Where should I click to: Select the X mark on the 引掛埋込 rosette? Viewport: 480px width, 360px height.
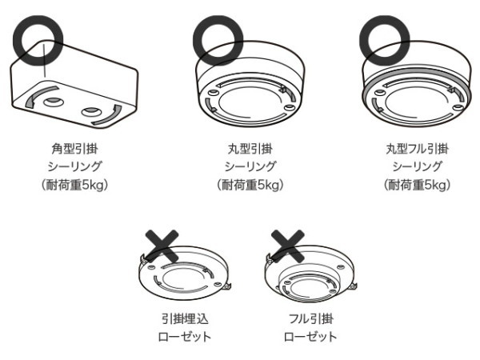160,246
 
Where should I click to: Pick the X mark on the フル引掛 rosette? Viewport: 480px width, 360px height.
286,246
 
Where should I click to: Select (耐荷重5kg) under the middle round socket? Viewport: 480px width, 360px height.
250,186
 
